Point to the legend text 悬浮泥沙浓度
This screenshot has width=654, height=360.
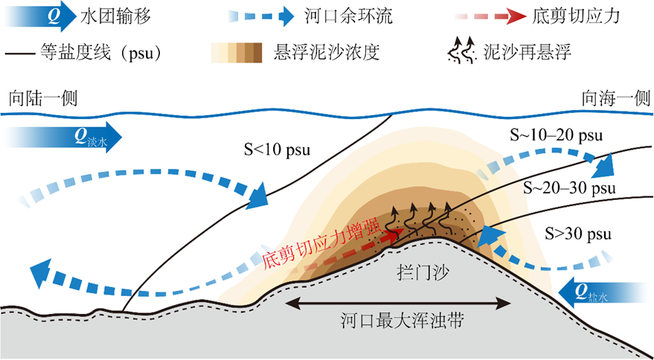[327, 53]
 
